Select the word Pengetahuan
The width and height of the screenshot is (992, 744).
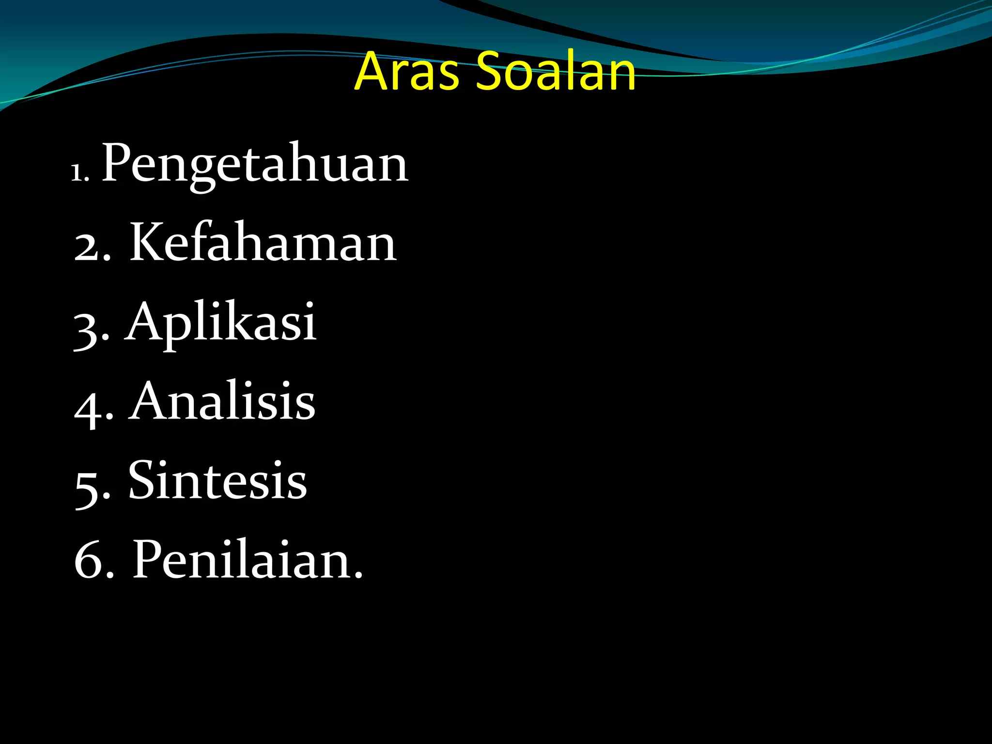click(x=255, y=165)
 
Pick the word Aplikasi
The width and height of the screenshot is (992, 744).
click(x=221, y=322)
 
